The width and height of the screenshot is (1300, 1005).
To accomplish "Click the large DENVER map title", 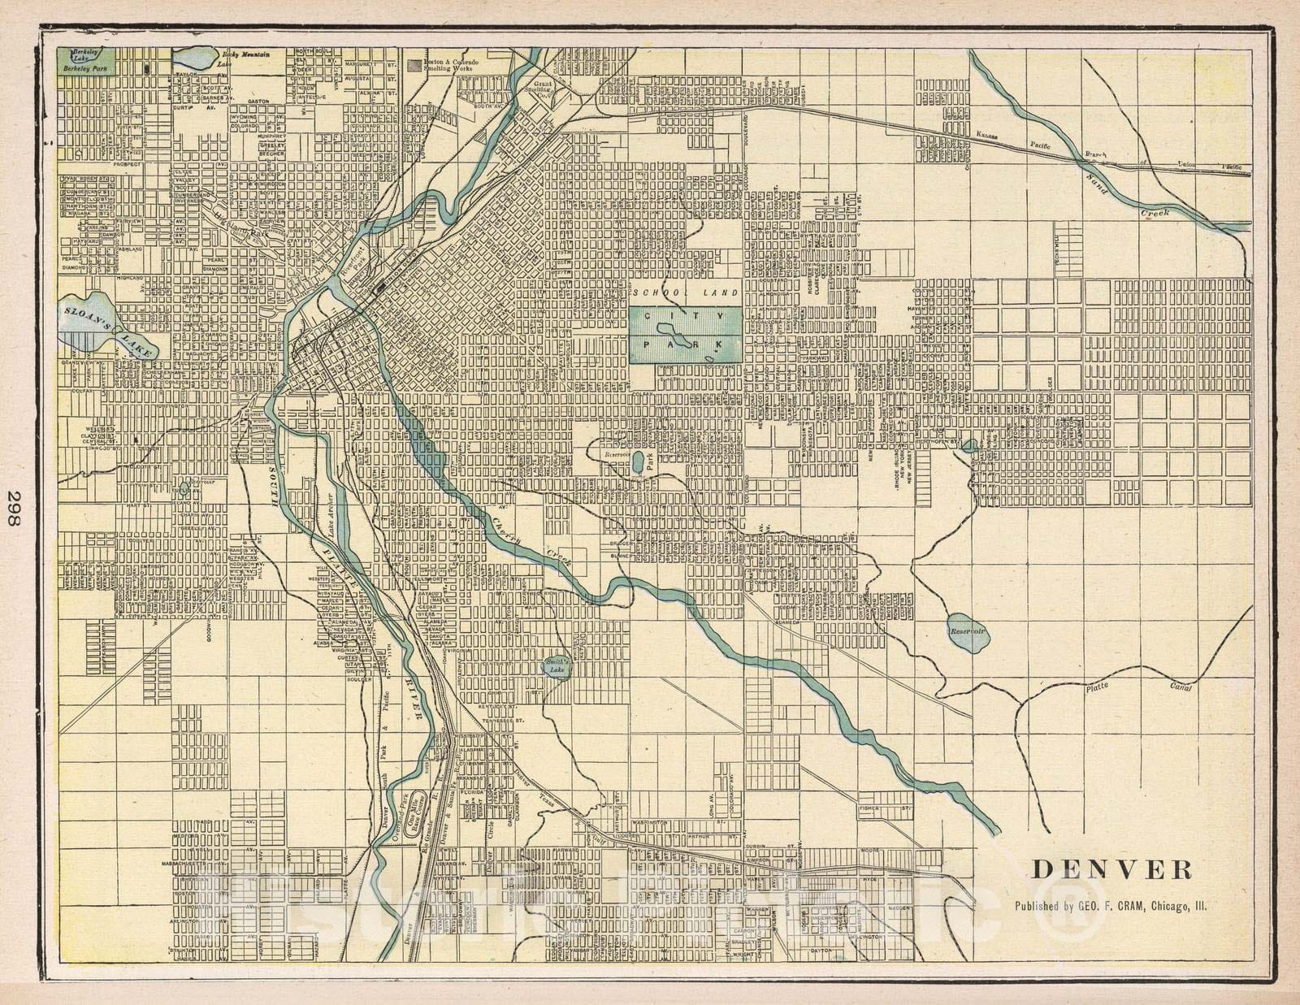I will click(x=1112, y=869).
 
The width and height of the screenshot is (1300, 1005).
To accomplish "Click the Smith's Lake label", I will click(x=557, y=665).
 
